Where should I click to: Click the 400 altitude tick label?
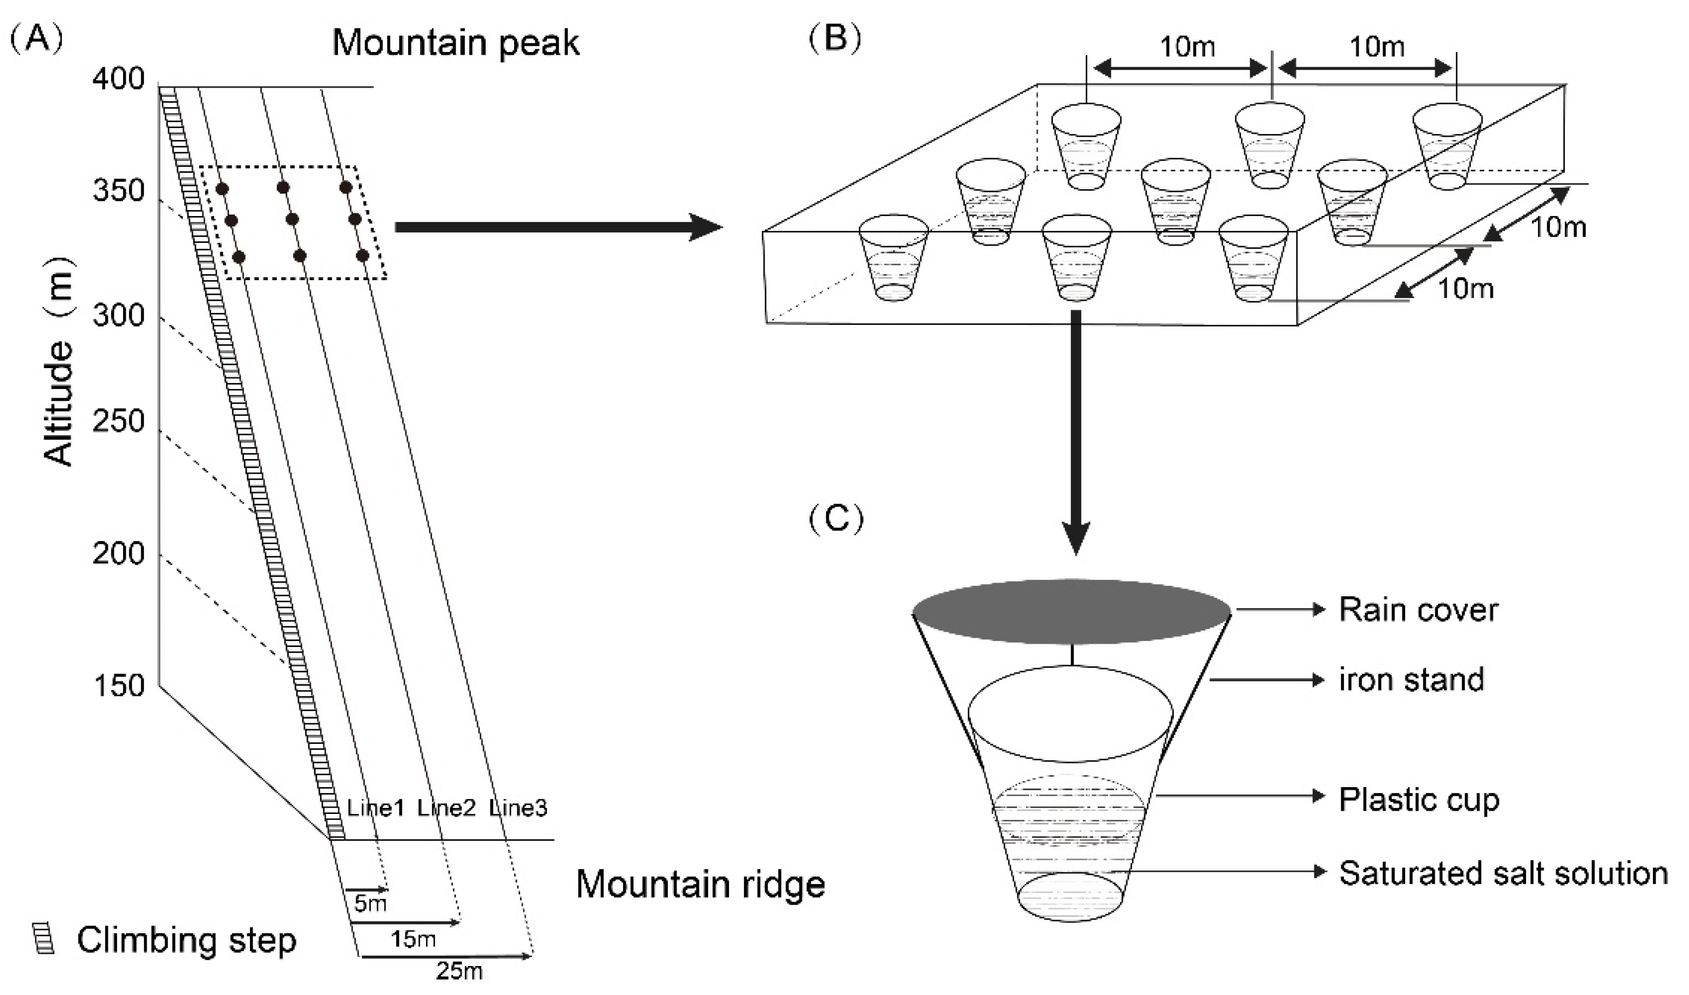118,80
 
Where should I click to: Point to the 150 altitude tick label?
118,686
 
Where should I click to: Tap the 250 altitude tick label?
118,422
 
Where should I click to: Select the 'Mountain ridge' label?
701,884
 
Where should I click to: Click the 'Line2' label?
446,808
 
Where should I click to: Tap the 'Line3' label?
518,808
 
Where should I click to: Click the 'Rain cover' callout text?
1418,610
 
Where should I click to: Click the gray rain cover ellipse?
1071,613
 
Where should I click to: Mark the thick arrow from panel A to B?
559,228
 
